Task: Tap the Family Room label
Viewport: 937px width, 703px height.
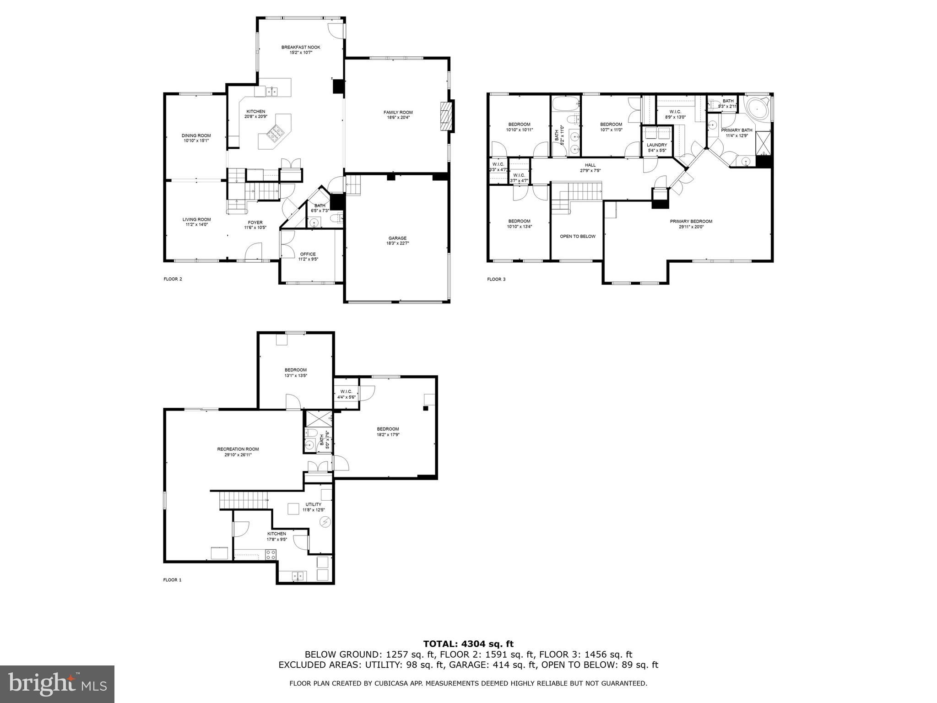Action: pyautogui.click(x=398, y=112)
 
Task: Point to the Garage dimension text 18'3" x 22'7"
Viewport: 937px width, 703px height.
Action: pyautogui.click(x=397, y=243)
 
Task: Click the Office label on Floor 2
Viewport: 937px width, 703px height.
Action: pyautogui.click(x=308, y=254)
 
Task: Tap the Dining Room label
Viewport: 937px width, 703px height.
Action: pyautogui.click(x=196, y=135)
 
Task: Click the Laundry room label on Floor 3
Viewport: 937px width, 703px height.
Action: pyautogui.click(x=657, y=145)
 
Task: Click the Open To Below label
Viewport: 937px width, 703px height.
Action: pyautogui.click(x=577, y=236)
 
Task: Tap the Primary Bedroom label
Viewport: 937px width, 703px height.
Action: pyautogui.click(x=691, y=222)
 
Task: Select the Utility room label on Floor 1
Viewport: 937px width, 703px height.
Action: pyautogui.click(x=313, y=504)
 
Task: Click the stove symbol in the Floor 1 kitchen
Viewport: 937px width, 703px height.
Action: pyautogui.click(x=271, y=555)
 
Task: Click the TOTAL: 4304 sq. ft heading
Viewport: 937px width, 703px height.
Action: pyautogui.click(x=468, y=644)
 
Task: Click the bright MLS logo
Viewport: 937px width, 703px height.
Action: pyautogui.click(x=57, y=684)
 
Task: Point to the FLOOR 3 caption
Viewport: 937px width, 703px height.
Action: pyautogui.click(x=496, y=279)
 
